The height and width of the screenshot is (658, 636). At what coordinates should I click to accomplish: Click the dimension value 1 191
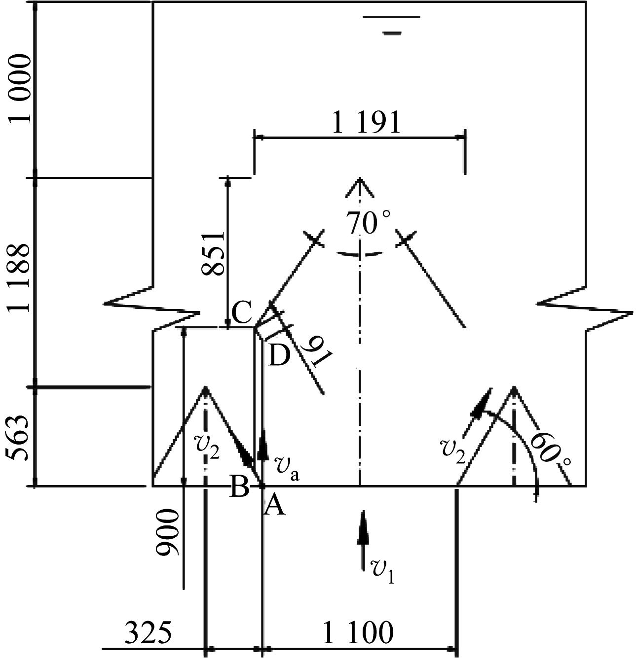pos(366,123)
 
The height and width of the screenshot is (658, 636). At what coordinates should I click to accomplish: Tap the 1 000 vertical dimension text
pos(20,89)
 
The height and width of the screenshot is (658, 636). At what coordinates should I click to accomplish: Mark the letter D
pos(280,355)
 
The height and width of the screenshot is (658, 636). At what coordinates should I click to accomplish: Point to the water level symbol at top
pos(392,25)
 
